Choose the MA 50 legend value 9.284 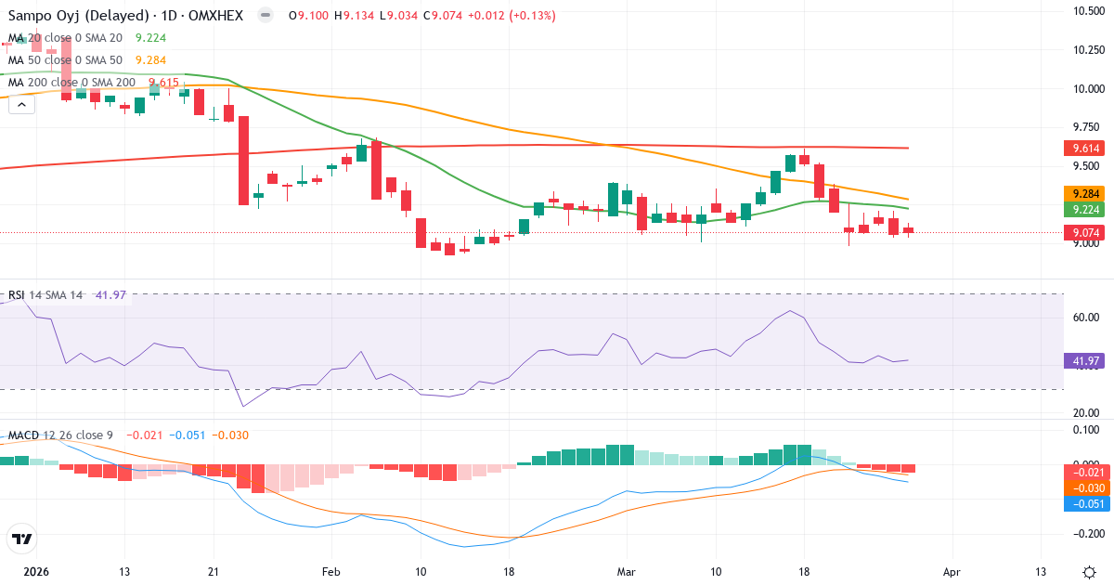click(x=150, y=60)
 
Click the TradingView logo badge click(x=22, y=539)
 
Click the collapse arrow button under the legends click(x=22, y=105)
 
